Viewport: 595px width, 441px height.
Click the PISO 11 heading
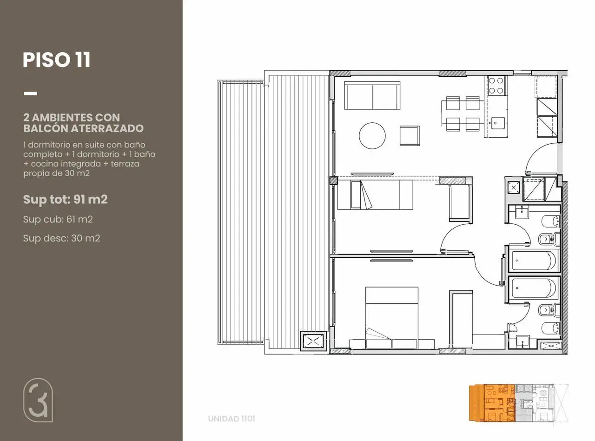click(x=57, y=60)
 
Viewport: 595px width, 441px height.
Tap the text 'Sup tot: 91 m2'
click(x=65, y=199)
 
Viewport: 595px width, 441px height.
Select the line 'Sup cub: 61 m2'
click(x=58, y=220)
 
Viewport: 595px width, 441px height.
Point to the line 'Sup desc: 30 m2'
click(x=61, y=238)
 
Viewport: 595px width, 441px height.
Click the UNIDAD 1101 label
click(x=231, y=419)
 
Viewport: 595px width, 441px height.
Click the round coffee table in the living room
click(x=372, y=136)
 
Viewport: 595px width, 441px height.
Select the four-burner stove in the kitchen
click(x=496, y=86)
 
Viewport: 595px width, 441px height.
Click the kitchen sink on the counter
click(x=498, y=123)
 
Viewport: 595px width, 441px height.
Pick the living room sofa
click(x=372, y=95)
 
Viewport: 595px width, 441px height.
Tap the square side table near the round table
click(x=410, y=136)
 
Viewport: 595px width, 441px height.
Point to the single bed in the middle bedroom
click(x=375, y=195)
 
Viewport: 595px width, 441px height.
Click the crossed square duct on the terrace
click(x=313, y=341)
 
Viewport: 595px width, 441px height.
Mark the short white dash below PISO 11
click(x=30, y=93)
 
